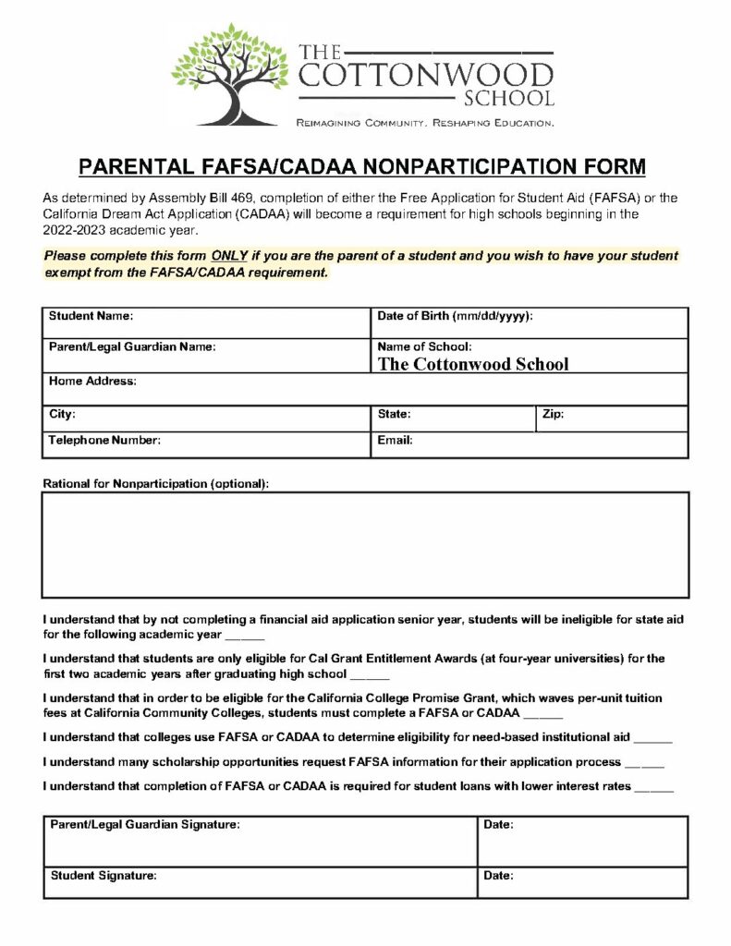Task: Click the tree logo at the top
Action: coord(229,74)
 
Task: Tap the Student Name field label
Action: coord(91,316)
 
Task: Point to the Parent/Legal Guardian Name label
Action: coord(132,347)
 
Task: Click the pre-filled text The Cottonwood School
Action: coord(473,364)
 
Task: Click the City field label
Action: coord(63,415)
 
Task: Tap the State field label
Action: coord(394,415)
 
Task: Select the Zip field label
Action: coord(553,415)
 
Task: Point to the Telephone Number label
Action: coord(104,441)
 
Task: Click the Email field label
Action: coord(395,441)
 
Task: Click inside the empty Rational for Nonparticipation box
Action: coord(365,545)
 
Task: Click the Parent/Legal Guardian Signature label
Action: coord(145,824)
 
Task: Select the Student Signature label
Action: coord(104,876)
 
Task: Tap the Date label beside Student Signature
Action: coord(498,876)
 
